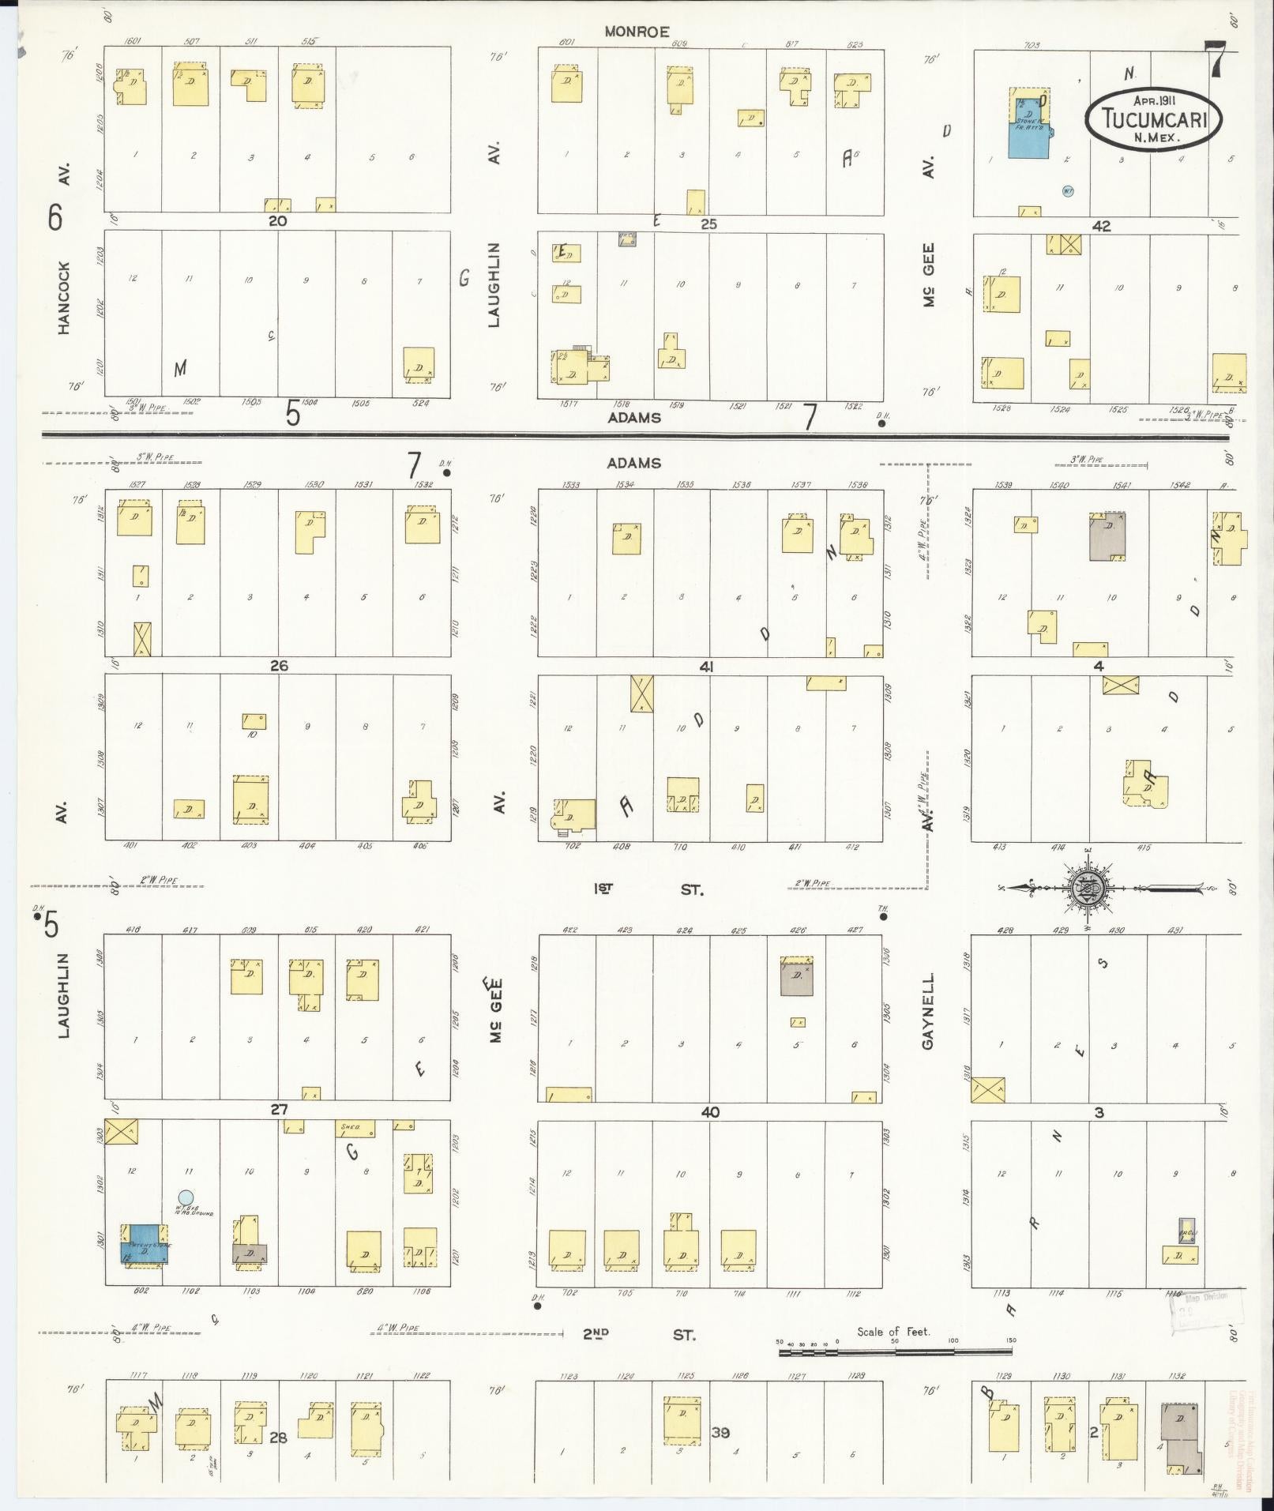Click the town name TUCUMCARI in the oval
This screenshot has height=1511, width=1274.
coord(1154,118)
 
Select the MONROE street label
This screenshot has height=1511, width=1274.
coord(637,32)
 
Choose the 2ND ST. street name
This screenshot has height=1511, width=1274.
coord(638,1335)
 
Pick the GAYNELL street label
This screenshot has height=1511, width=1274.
coord(928,1011)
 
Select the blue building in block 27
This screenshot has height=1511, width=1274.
coord(144,1245)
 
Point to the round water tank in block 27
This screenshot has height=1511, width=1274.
coord(186,1197)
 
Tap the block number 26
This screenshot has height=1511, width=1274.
coord(279,666)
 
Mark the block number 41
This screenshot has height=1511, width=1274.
coord(706,667)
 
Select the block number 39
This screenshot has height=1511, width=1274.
coord(720,1432)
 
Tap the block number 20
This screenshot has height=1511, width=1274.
coord(277,221)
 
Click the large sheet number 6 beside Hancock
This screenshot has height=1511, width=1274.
coord(54,217)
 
